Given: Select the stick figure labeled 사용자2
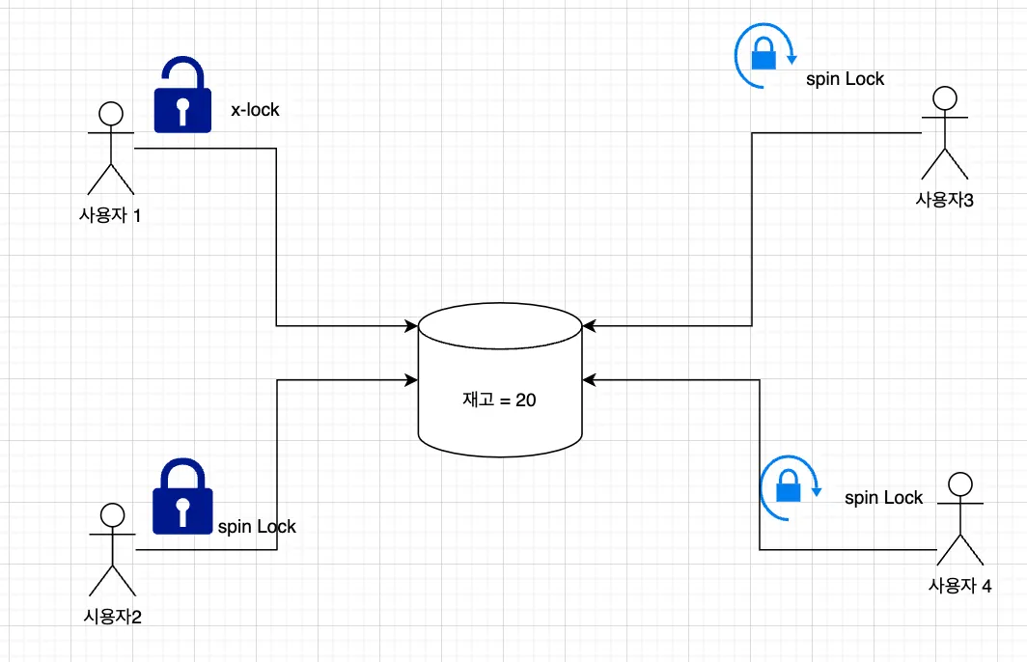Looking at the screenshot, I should [112, 549].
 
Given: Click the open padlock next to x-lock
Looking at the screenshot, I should [182, 96].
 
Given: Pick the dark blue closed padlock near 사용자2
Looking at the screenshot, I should [182, 496].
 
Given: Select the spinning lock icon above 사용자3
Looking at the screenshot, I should [763, 54].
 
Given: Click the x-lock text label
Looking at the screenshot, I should [255, 110].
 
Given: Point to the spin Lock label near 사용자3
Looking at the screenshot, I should [845, 79].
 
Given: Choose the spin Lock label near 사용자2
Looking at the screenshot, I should [257, 527].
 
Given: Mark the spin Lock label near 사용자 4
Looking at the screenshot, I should [883, 498].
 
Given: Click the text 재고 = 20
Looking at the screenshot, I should [499, 400].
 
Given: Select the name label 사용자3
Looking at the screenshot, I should [943, 200].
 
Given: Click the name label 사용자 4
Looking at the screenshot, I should [959, 585].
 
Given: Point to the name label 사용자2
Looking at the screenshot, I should [112, 617].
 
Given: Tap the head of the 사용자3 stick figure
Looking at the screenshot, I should [944, 97].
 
